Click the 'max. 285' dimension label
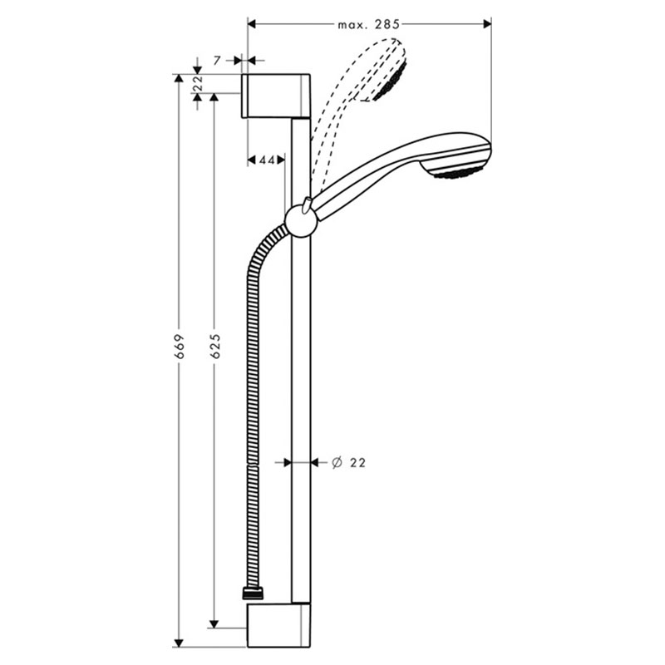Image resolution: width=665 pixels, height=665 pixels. click(x=368, y=25)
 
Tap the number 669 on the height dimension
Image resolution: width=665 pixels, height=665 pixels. click(x=180, y=347)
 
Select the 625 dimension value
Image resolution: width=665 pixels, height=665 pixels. click(x=215, y=347)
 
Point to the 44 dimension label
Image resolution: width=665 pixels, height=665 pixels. click(x=266, y=160)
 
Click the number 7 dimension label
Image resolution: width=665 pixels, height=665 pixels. click(x=217, y=61)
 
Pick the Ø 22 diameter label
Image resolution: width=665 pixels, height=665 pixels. click(x=348, y=462)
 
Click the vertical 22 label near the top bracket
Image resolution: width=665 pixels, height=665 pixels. click(x=198, y=84)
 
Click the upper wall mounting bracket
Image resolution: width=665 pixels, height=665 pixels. click(x=276, y=96)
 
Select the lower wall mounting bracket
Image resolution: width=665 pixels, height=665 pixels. click(x=278, y=626)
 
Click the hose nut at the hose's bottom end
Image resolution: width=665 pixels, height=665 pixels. click(x=253, y=593)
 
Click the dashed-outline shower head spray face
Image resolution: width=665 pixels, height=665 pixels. click(x=392, y=81)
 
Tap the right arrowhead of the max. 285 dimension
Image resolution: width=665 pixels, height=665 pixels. click(x=487, y=25)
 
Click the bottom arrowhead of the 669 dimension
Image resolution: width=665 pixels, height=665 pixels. click(x=180, y=643)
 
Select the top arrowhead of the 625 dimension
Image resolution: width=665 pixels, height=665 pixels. click(x=214, y=97)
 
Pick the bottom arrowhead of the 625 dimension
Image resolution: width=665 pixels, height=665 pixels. click(x=214, y=623)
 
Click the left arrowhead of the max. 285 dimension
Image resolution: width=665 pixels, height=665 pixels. click(x=252, y=25)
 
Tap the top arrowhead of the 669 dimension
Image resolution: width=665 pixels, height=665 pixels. click(x=180, y=78)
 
